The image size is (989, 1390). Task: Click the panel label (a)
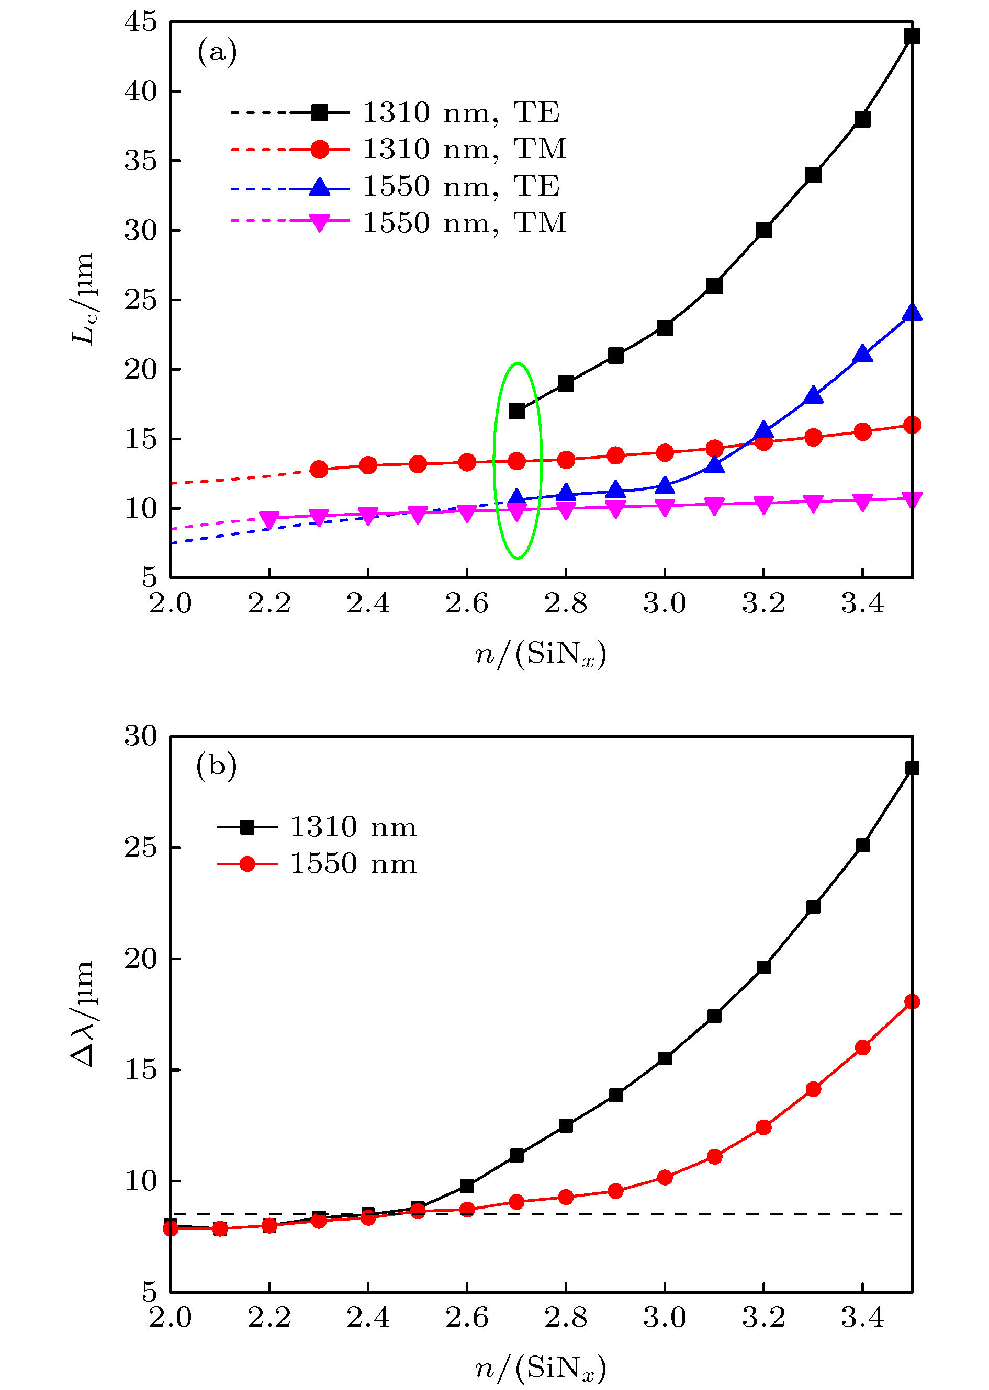pyautogui.click(x=217, y=52)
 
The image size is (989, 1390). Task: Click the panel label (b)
pyautogui.click(x=216, y=766)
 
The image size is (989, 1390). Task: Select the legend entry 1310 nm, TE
pyautogui.click(x=460, y=112)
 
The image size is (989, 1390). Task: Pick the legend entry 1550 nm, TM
pyautogui.click(x=464, y=223)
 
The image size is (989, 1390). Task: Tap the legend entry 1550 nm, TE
pyautogui.click(x=460, y=186)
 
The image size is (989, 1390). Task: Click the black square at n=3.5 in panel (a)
pyautogui.click(x=912, y=36)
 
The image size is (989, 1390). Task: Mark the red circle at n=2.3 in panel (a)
pyautogui.click(x=319, y=469)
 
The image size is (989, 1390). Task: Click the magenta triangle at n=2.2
pyautogui.click(x=269, y=519)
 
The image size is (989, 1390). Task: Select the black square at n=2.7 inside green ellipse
pyautogui.click(x=516, y=412)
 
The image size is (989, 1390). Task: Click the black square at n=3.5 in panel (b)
pyautogui.click(x=912, y=769)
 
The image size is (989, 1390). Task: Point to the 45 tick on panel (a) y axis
pyautogui.click(x=141, y=22)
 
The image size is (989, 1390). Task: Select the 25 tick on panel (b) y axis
pyautogui.click(x=141, y=847)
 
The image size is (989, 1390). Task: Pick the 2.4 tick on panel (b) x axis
pyautogui.click(x=368, y=1318)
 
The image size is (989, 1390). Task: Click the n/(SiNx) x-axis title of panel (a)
pyautogui.click(x=540, y=655)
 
